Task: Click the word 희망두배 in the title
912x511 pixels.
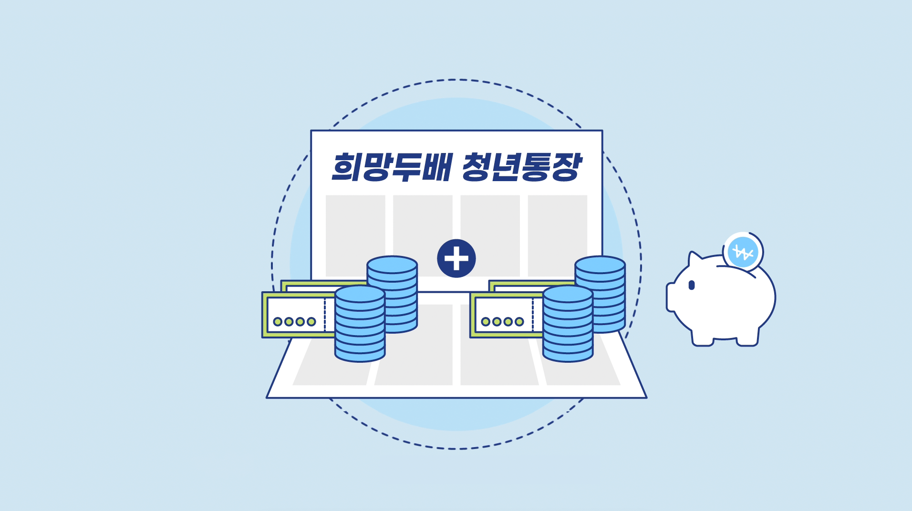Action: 391,167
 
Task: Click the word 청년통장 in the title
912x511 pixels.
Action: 522,167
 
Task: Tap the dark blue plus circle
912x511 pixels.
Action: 456,258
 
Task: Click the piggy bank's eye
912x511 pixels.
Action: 692,285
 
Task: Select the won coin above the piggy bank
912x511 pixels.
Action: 743,252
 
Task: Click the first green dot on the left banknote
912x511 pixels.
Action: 277,322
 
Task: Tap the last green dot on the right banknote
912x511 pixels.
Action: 519,322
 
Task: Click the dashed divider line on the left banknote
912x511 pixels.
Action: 325,315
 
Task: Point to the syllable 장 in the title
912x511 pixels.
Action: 567,167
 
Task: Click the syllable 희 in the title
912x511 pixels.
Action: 346,167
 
